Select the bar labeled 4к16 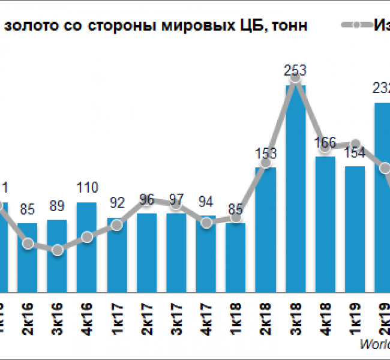coord(87,246)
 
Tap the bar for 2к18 coord(265,229)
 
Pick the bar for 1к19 coord(355,228)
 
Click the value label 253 coord(295,71)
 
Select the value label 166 coord(325,143)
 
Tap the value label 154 coord(355,152)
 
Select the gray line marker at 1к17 coord(117,224)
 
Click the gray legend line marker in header coord(357,25)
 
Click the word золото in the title coord(26,25)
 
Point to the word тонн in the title coord(292,25)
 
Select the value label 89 coord(58,209)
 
